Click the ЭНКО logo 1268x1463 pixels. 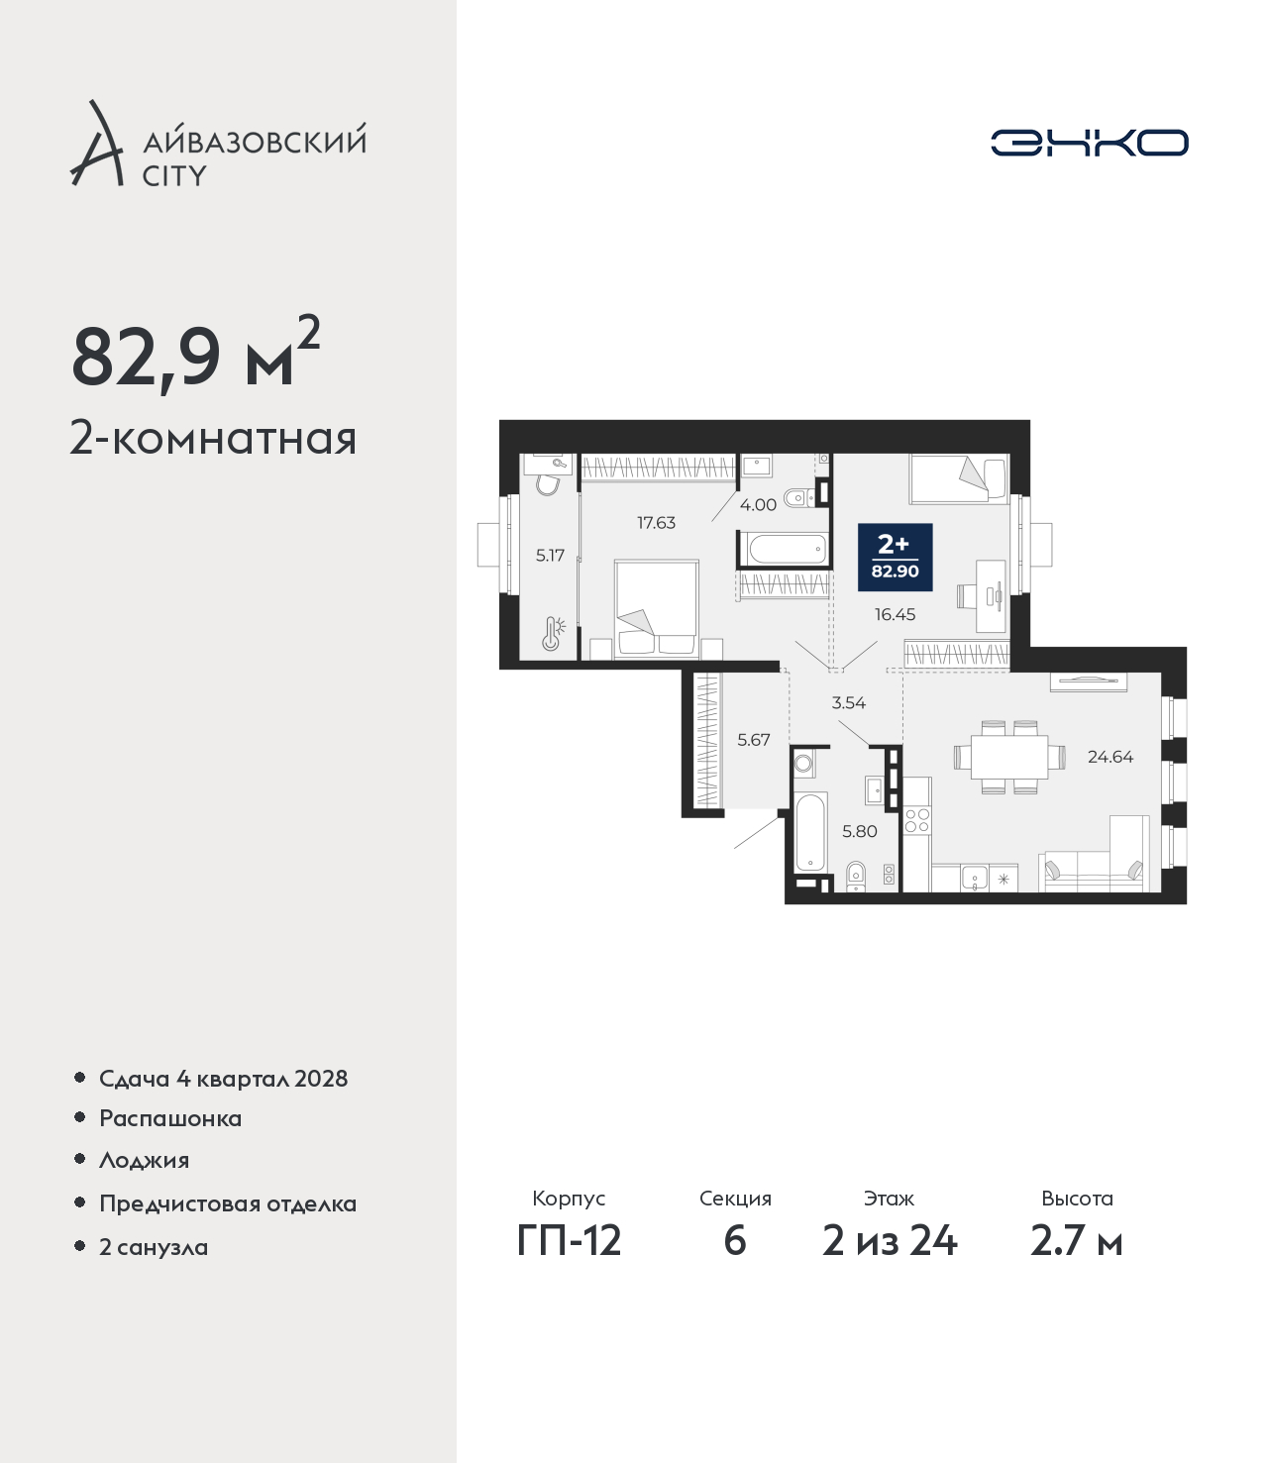click(1089, 143)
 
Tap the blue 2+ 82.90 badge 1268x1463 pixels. click(895, 557)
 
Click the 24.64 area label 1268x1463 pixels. click(1110, 757)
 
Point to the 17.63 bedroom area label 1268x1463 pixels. click(657, 522)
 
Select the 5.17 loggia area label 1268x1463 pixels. click(550, 555)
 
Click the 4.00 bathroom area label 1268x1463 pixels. click(758, 504)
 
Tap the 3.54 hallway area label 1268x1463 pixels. click(849, 703)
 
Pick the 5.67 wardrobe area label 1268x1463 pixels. click(753, 740)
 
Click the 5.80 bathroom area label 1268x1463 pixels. click(860, 831)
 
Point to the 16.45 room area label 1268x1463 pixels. click(895, 614)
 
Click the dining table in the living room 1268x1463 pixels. click(1008, 757)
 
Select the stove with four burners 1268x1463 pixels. click(917, 820)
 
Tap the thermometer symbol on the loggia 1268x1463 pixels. click(552, 634)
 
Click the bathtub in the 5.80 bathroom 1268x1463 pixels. click(810, 833)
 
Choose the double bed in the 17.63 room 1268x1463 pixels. click(657, 609)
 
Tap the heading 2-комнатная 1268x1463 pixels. click(213, 439)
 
